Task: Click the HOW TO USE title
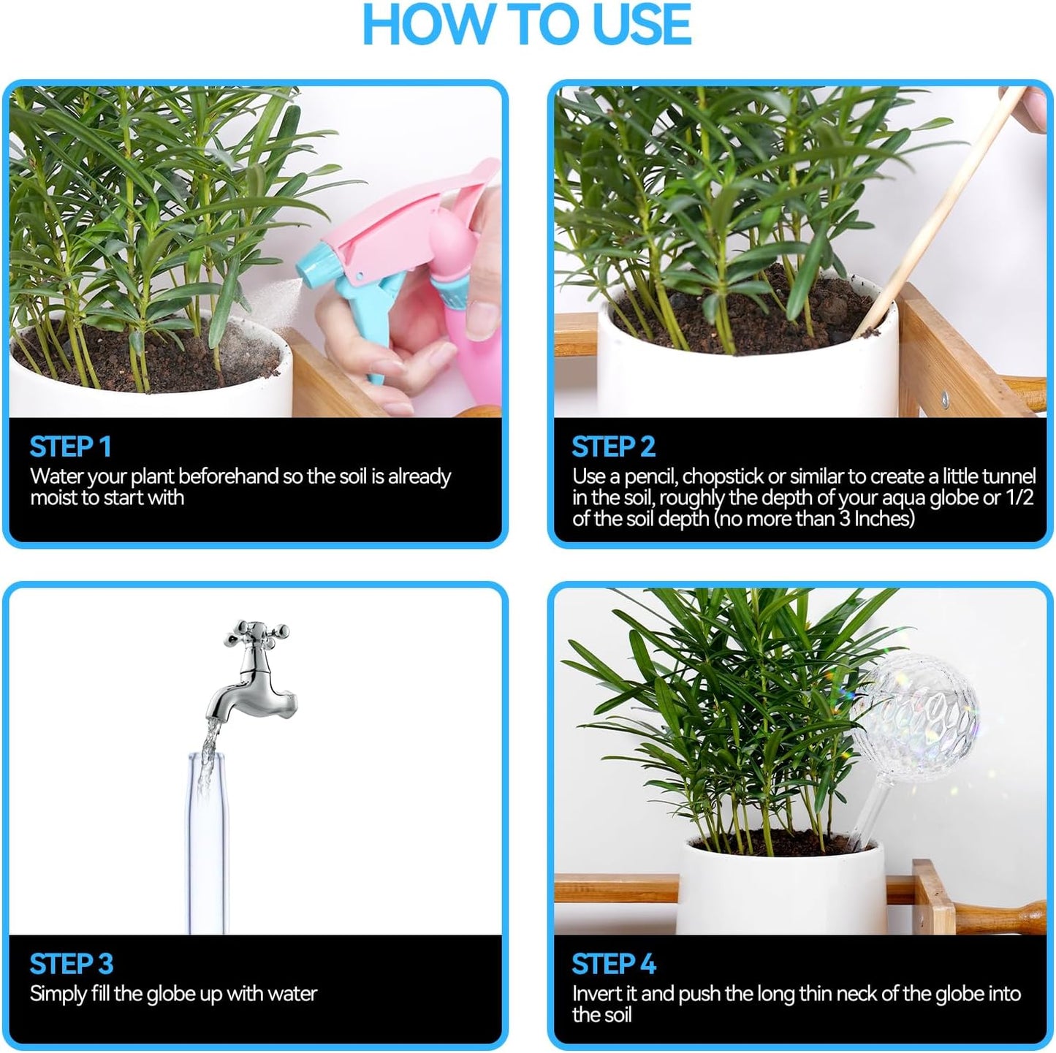[x=526, y=26]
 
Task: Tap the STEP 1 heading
[x=70, y=446]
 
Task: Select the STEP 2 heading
[x=613, y=446]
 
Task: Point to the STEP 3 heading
[x=71, y=964]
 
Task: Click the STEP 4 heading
[x=613, y=964]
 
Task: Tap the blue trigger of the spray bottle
[x=384, y=329]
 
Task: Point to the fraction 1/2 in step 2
[x=1020, y=498]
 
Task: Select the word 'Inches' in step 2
[x=884, y=520]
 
